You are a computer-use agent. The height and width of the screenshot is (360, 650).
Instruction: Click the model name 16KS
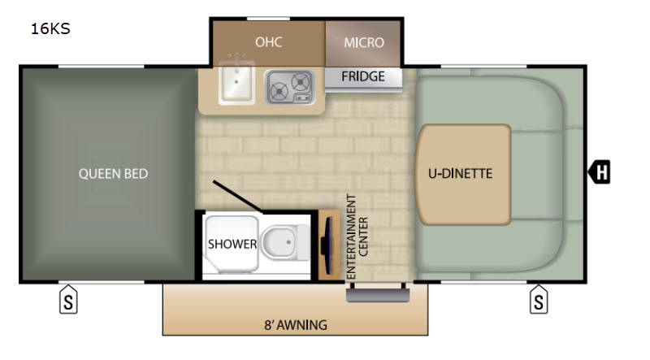(50, 28)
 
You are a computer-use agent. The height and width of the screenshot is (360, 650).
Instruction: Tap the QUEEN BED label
(113, 173)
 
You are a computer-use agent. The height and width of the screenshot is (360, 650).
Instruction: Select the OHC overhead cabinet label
(269, 42)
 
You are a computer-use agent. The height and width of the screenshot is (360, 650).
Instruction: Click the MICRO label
(364, 42)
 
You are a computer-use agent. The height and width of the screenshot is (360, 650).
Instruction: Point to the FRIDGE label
(363, 76)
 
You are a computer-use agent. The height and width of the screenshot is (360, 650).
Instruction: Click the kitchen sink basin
(236, 82)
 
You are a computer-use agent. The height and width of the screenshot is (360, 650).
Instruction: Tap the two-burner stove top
(290, 87)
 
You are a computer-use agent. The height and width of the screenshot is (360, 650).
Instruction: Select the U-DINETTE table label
(460, 173)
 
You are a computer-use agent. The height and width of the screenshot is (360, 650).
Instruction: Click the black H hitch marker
(600, 171)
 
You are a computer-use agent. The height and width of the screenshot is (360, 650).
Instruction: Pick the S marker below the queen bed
(68, 299)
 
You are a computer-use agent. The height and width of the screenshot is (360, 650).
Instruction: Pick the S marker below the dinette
(539, 299)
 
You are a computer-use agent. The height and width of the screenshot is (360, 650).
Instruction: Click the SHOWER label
(232, 245)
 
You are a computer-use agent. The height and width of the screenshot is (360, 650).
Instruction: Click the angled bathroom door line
(237, 197)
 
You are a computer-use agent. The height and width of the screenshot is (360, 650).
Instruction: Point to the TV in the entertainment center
(327, 245)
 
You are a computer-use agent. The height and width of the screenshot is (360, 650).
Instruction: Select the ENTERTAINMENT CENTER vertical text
(357, 236)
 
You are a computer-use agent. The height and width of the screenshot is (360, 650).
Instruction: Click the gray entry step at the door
(378, 295)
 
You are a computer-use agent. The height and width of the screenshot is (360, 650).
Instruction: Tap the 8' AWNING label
(296, 325)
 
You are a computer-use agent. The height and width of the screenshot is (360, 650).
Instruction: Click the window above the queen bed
(101, 67)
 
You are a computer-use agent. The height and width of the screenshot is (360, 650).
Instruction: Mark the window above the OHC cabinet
(268, 19)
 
